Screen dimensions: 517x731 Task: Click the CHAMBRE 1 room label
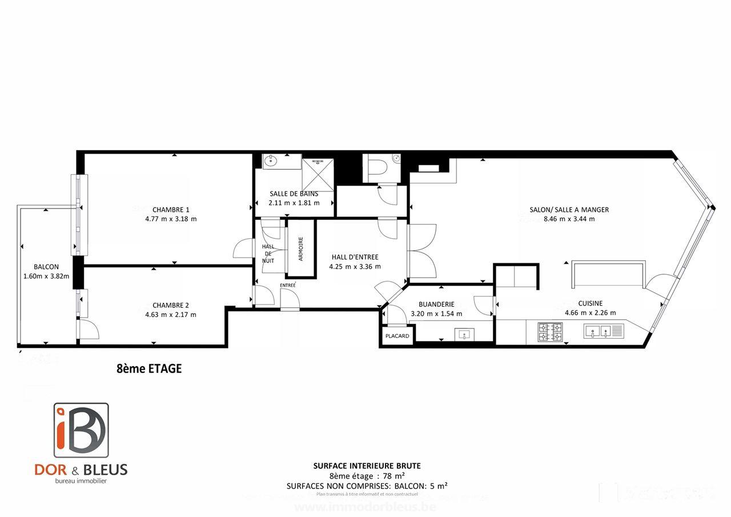click(x=171, y=209)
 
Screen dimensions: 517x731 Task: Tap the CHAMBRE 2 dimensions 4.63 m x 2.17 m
click(x=171, y=314)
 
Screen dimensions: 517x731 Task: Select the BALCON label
click(x=46, y=267)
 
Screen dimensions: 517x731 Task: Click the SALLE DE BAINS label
click(x=294, y=194)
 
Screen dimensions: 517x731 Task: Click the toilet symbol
click(x=379, y=167)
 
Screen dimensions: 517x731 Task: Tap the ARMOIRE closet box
click(x=300, y=249)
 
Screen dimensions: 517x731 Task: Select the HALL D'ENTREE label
click(x=355, y=257)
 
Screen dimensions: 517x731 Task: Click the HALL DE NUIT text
click(x=268, y=253)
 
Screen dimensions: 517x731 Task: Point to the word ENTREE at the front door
click(x=288, y=285)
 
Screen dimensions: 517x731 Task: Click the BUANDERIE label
click(x=436, y=304)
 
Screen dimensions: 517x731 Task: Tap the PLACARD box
click(x=397, y=336)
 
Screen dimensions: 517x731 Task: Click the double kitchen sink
click(x=604, y=331)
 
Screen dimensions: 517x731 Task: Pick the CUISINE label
click(x=590, y=303)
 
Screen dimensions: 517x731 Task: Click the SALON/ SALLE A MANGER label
click(x=569, y=210)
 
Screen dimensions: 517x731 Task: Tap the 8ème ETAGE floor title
click(x=148, y=368)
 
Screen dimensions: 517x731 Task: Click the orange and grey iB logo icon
click(x=81, y=430)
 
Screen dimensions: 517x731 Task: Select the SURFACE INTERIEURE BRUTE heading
click(x=367, y=466)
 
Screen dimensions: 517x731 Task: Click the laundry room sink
click(x=464, y=334)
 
